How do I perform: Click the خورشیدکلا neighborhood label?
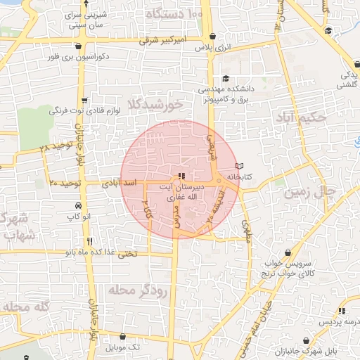coord(155,104)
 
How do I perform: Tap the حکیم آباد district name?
coord(301,117)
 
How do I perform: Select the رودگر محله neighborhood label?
coord(138,290)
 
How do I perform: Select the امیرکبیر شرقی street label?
coord(162,40)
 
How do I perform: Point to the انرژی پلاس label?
coord(213,46)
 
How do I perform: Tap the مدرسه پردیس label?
coord(335,321)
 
